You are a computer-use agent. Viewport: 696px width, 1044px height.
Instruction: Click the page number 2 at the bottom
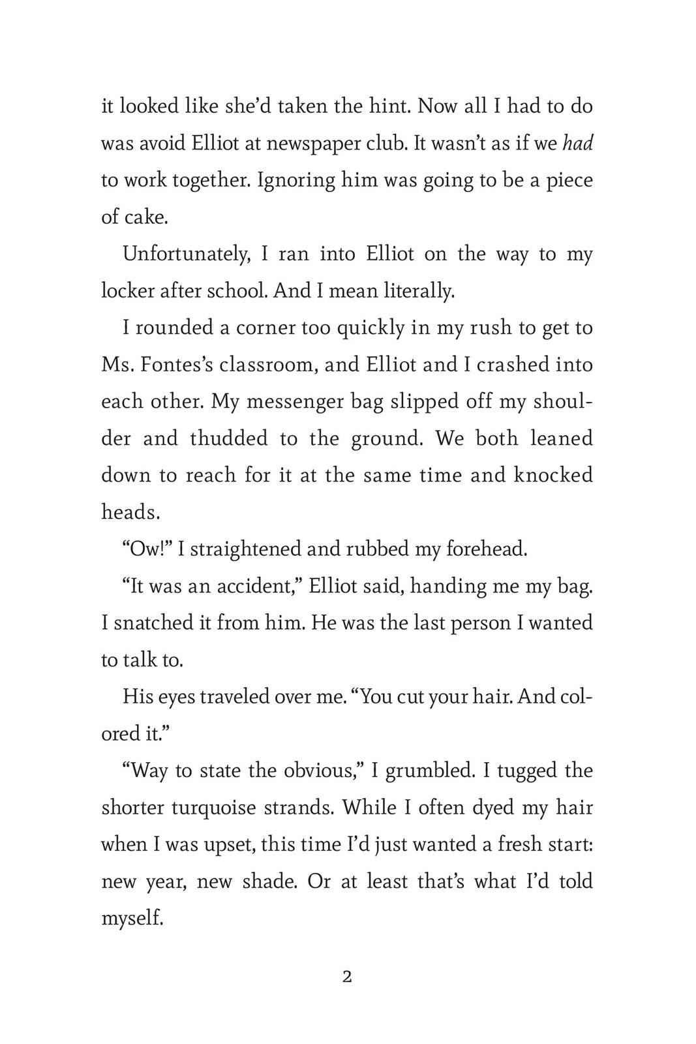click(x=347, y=977)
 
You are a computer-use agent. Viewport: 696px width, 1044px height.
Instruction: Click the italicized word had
click(x=577, y=143)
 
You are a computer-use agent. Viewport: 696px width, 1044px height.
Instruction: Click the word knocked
click(x=553, y=474)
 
